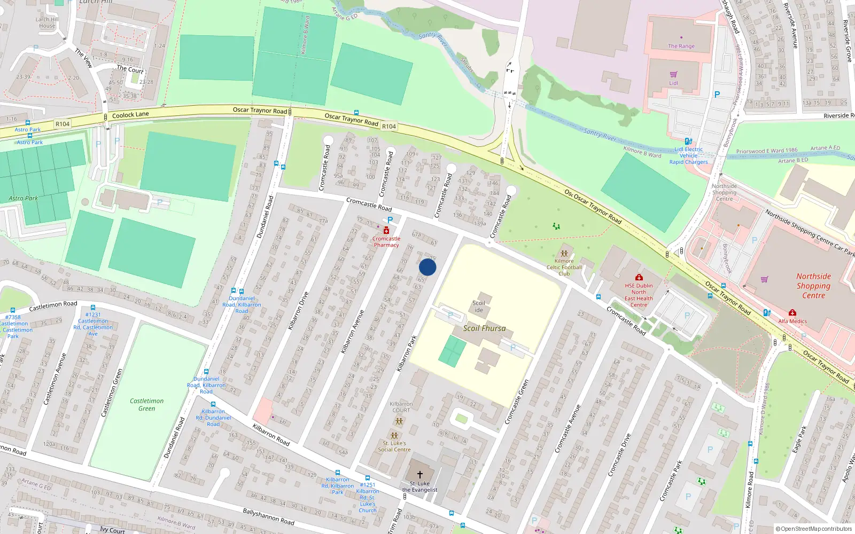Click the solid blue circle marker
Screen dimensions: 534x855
pyautogui.click(x=428, y=267)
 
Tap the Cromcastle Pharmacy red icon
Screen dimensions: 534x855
pyautogui.click(x=386, y=230)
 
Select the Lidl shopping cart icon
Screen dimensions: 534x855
pyautogui.click(x=673, y=74)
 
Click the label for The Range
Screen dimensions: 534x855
pyautogui.click(x=681, y=46)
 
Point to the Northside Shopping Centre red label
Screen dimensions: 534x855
pyautogui.click(x=813, y=286)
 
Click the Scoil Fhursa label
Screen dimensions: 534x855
pyautogui.click(x=484, y=328)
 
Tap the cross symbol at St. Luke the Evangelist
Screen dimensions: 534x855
pyautogui.click(x=420, y=474)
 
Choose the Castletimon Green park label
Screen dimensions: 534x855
pyautogui.click(x=147, y=404)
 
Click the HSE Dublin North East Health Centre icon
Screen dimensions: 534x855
pyautogui.click(x=639, y=277)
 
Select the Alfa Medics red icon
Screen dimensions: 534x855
pyautogui.click(x=792, y=312)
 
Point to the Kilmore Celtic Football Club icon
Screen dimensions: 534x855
pyautogui.click(x=564, y=254)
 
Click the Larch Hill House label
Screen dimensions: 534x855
pyautogui.click(x=47, y=22)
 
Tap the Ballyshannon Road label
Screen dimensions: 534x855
pyautogui.click(x=269, y=516)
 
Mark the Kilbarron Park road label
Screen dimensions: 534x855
pyautogui.click(x=407, y=354)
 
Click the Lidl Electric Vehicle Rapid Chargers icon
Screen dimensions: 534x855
pyautogui.click(x=688, y=142)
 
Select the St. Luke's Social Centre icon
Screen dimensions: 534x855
pyautogui.click(x=394, y=436)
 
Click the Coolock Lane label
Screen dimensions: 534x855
pyautogui.click(x=130, y=114)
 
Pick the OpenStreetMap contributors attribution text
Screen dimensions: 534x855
pyautogui.click(x=813, y=529)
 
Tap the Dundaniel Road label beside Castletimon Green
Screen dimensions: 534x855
pyautogui.click(x=174, y=437)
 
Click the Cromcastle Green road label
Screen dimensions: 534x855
pyautogui.click(x=517, y=402)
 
